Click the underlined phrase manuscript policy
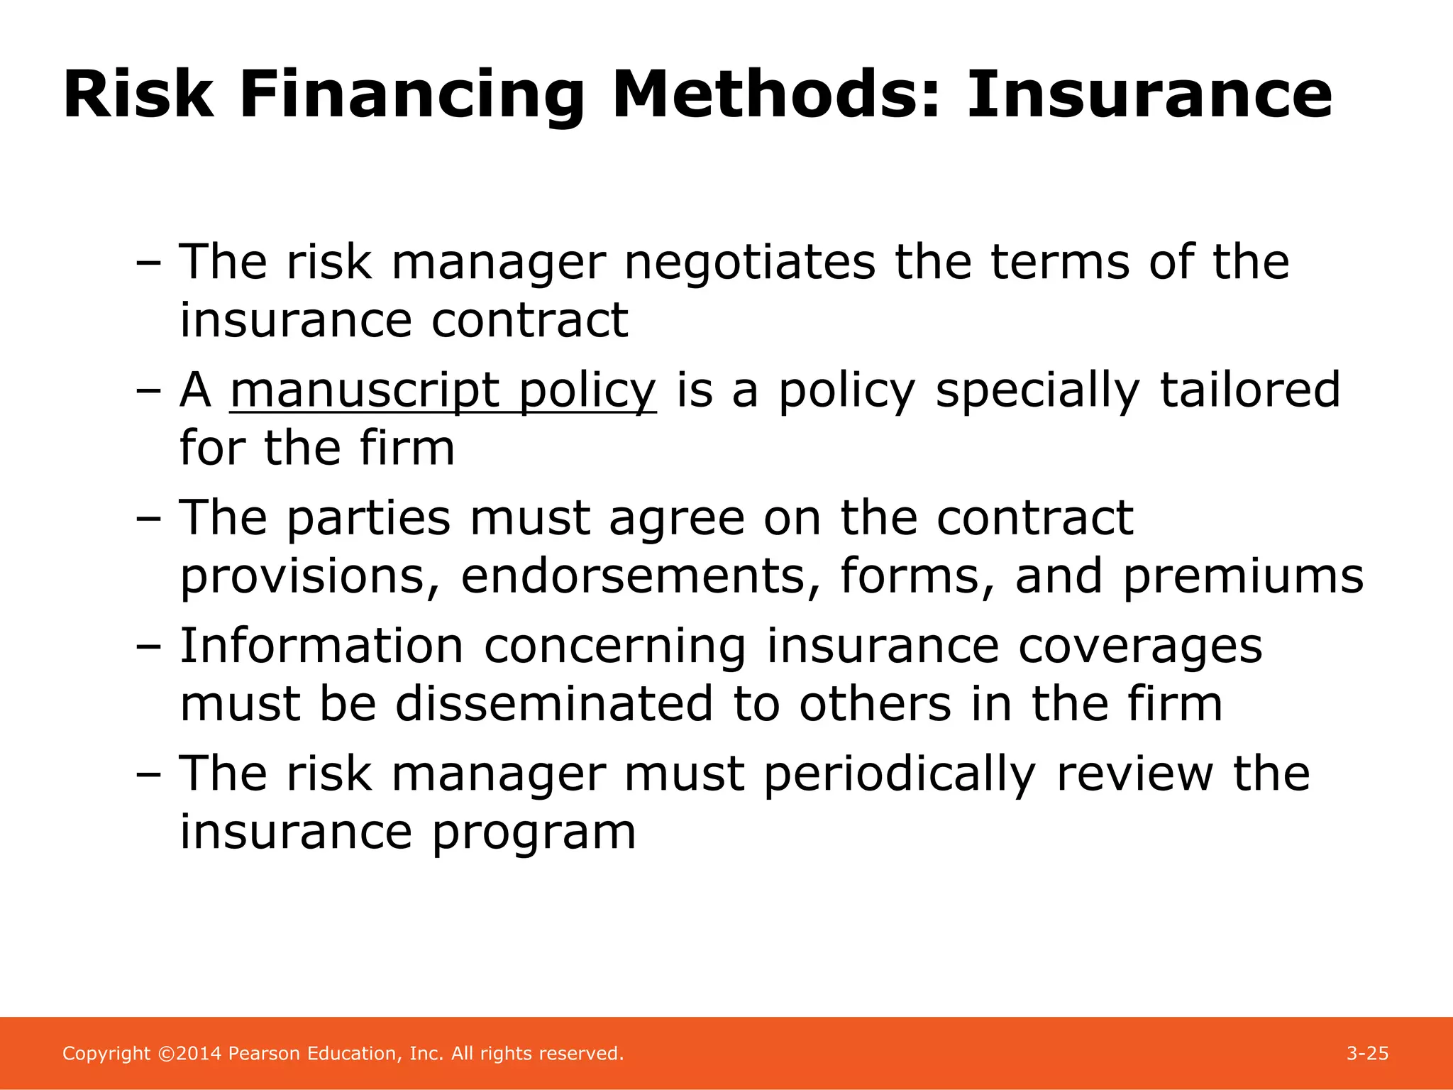tap(443, 390)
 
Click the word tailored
tap(1250, 390)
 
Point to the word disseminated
tap(553, 704)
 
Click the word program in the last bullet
tap(534, 832)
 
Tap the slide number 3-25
tap(1367, 1053)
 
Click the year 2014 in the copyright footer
tap(199, 1053)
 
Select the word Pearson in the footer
tap(265, 1053)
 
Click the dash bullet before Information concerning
tap(148, 647)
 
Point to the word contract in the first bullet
tap(529, 320)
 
